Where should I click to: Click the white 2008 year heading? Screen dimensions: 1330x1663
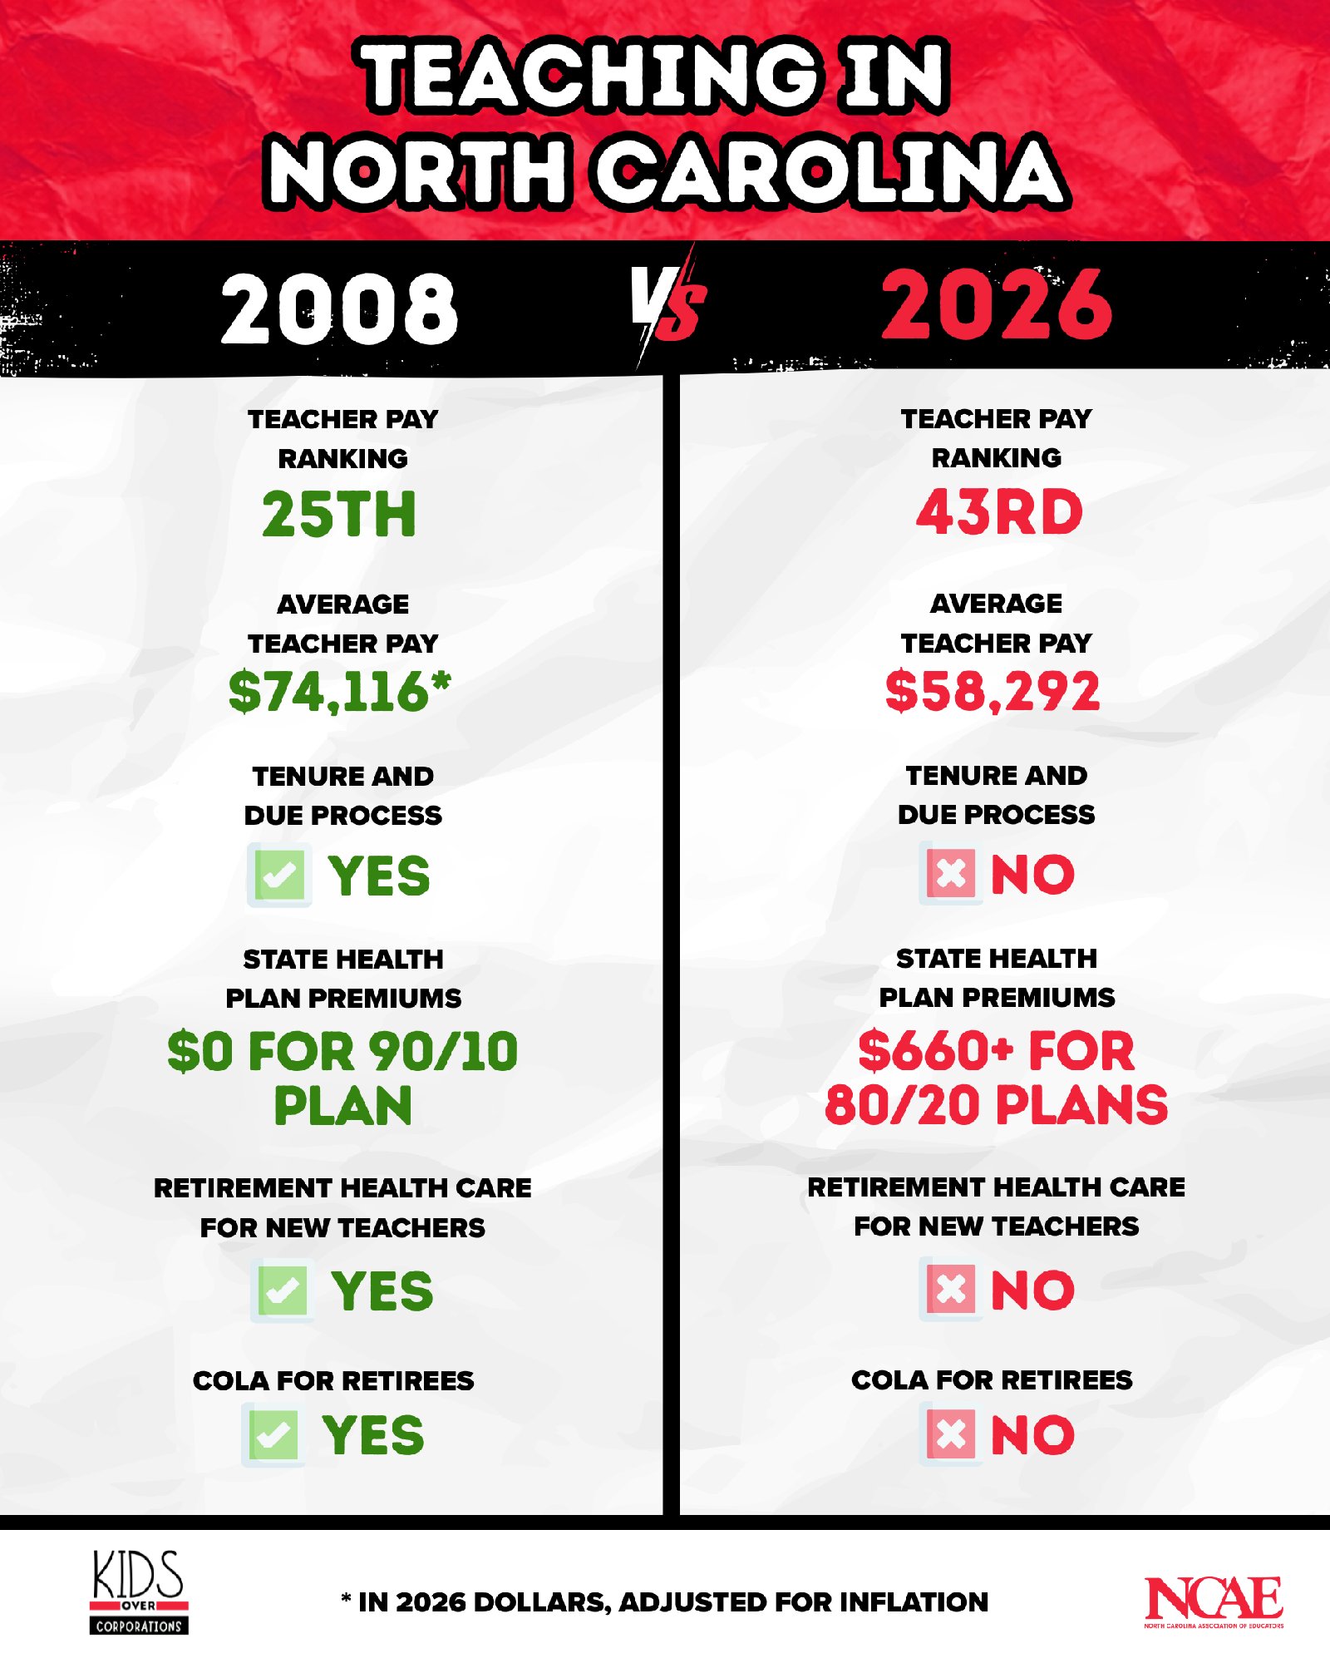click(x=339, y=308)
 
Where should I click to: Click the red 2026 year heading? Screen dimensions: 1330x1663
click(x=996, y=305)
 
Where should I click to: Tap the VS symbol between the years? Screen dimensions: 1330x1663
click(x=667, y=304)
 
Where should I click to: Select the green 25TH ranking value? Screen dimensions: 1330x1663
click(x=339, y=514)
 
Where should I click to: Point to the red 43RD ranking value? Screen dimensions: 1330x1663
click(x=999, y=512)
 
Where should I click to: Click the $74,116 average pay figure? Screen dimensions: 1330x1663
click(x=339, y=691)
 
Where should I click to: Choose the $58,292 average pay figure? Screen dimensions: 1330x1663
click(x=993, y=690)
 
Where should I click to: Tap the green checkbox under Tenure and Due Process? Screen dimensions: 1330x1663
click(x=279, y=874)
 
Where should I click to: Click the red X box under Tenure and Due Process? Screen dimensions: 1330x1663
click(x=950, y=873)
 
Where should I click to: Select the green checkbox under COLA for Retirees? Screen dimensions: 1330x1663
click(x=273, y=1434)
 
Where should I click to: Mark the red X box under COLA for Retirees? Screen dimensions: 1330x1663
click(x=950, y=1434)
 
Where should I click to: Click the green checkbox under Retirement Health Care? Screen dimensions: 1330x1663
click(x=283, y=1290)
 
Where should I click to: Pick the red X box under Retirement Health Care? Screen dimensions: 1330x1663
click(x=950, y=1289)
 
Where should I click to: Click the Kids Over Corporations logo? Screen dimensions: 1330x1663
click(x=139, y=1591)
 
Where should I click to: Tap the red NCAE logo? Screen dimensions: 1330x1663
click(x=1214, y=1601)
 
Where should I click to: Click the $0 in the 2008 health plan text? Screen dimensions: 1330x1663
click(x=199, y=1051)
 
